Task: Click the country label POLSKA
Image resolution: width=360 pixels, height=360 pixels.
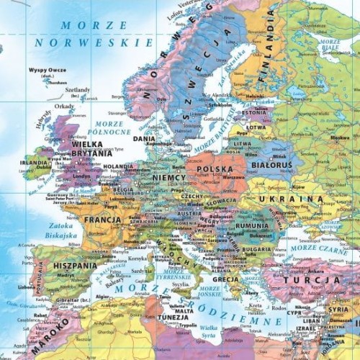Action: pos(215,170)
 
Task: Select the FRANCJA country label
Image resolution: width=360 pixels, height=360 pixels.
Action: pos(102,220)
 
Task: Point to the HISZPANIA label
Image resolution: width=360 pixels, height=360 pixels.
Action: pos(74,265)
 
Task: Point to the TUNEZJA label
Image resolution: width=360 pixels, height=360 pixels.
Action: pos(174,317)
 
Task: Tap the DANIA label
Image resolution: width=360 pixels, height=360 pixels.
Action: pos(144,139)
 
